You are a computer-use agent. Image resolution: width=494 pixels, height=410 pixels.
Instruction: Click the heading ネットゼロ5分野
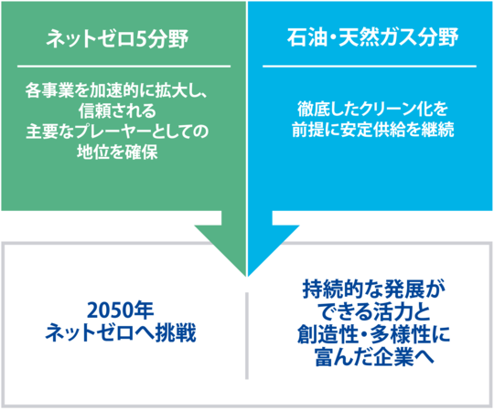117,39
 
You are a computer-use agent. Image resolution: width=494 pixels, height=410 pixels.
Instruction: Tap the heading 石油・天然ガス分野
372,37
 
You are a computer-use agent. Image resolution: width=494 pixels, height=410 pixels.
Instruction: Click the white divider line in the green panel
123,67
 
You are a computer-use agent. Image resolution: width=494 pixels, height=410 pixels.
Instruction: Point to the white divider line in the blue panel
370,67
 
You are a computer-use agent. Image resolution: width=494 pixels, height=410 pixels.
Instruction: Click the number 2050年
120,310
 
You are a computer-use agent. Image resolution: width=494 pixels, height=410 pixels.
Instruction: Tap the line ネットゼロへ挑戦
121,333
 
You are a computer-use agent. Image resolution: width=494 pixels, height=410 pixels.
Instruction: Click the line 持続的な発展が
374,289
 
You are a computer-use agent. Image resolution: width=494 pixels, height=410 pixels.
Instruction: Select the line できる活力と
375,312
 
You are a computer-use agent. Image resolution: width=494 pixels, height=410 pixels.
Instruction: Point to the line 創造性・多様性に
374,334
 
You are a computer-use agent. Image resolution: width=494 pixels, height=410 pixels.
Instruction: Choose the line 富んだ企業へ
374,357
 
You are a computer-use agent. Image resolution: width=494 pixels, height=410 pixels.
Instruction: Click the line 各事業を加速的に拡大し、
116,91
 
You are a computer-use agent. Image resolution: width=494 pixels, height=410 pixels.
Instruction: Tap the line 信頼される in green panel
117,110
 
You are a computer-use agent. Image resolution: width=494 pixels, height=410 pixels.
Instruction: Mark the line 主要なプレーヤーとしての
117,131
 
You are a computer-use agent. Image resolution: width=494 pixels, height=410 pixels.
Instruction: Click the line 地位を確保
117,152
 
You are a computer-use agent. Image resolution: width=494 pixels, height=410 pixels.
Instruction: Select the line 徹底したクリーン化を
372,109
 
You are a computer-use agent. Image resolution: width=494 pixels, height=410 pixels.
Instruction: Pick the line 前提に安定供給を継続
372,130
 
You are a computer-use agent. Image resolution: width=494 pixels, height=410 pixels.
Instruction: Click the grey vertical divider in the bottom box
247,336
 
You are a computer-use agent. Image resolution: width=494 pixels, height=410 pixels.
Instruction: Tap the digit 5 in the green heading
141,39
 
